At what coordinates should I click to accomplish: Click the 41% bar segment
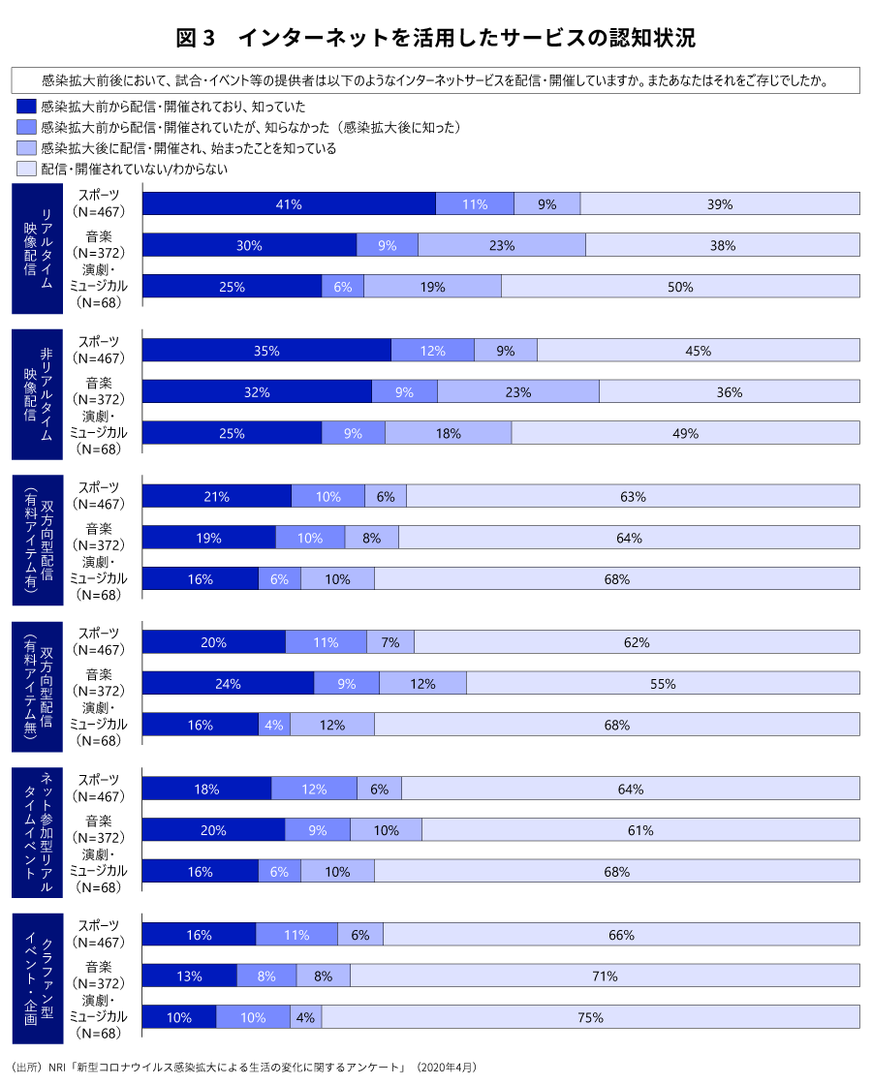289,204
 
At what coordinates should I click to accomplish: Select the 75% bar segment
590,1017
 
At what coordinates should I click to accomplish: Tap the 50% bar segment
680,287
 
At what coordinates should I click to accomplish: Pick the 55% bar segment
663,683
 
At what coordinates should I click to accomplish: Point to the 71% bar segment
605,976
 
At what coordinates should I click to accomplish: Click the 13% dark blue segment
190,976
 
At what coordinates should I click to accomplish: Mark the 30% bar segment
250,245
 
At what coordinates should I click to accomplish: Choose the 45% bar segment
698,351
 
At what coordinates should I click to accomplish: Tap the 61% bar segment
640,830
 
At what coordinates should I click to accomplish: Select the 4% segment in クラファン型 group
306,1017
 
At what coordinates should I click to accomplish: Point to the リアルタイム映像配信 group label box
38,248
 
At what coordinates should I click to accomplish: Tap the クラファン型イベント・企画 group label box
38,976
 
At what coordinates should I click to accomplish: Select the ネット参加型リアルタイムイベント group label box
38,831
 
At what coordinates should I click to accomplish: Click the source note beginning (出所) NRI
243,1067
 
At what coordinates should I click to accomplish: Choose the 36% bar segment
729,391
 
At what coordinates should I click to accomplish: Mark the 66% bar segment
621,935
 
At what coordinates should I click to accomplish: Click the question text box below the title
436,79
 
